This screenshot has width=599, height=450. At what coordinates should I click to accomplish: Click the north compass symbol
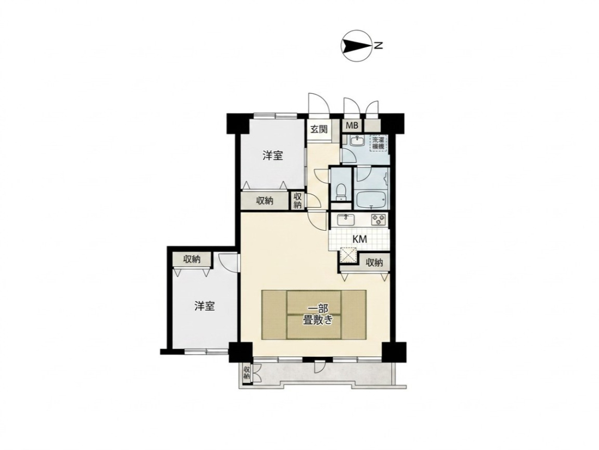(x=356, y=46)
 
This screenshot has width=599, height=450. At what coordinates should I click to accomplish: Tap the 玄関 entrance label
(x=319, y=129)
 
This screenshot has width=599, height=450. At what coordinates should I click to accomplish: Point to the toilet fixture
(x=341, y=192)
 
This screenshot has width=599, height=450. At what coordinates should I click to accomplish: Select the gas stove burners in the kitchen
(x=378, y=220)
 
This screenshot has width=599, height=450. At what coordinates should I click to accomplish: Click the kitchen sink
(x=346, y=220)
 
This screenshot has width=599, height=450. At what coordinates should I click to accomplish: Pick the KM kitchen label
(x=359, y=239)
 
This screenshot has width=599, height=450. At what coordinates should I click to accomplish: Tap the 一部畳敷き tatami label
(x=317, y=315)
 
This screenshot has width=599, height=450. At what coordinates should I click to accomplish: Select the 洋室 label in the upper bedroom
(x=273, y=156)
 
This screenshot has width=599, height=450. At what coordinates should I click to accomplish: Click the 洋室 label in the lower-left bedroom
(x=204, y=306)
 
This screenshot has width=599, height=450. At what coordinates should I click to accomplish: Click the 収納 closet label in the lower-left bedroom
(x=192, y=259)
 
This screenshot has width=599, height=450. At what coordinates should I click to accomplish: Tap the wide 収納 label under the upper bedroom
(x=264, y=200)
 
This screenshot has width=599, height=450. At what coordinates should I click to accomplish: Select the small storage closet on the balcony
(x=247, y=373)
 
